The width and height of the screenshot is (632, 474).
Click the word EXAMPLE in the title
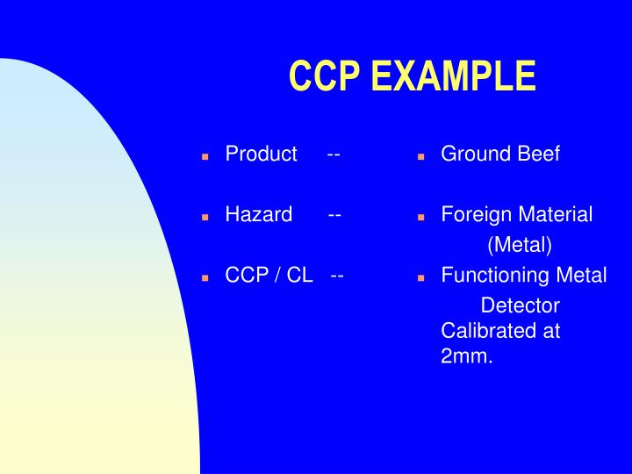(x=453, y=76)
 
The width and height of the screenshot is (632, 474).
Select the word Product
(x=261, y=154)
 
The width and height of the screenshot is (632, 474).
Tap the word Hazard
(x=258, y=215)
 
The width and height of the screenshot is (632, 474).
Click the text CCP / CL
(x=269, y=276)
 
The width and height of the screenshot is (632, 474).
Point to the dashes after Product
(x=334, y=154)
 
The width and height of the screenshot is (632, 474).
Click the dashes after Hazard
(x=335, y=215)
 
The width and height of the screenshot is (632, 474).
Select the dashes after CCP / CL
(x=337, y=276)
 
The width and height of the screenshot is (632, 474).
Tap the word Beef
(x=538, y=154)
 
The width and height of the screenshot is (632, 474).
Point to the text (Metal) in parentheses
(x=520, y=244)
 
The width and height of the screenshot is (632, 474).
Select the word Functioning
(x=496, y=276)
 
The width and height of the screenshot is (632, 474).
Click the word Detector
(x=520, y=305)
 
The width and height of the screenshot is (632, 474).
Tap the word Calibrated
(x=488, y=332)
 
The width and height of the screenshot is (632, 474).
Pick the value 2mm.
(x=467, y=357)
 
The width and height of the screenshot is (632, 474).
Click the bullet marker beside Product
(x=205, y=156)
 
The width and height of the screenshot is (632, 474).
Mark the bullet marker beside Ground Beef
(x=420, y=156)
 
